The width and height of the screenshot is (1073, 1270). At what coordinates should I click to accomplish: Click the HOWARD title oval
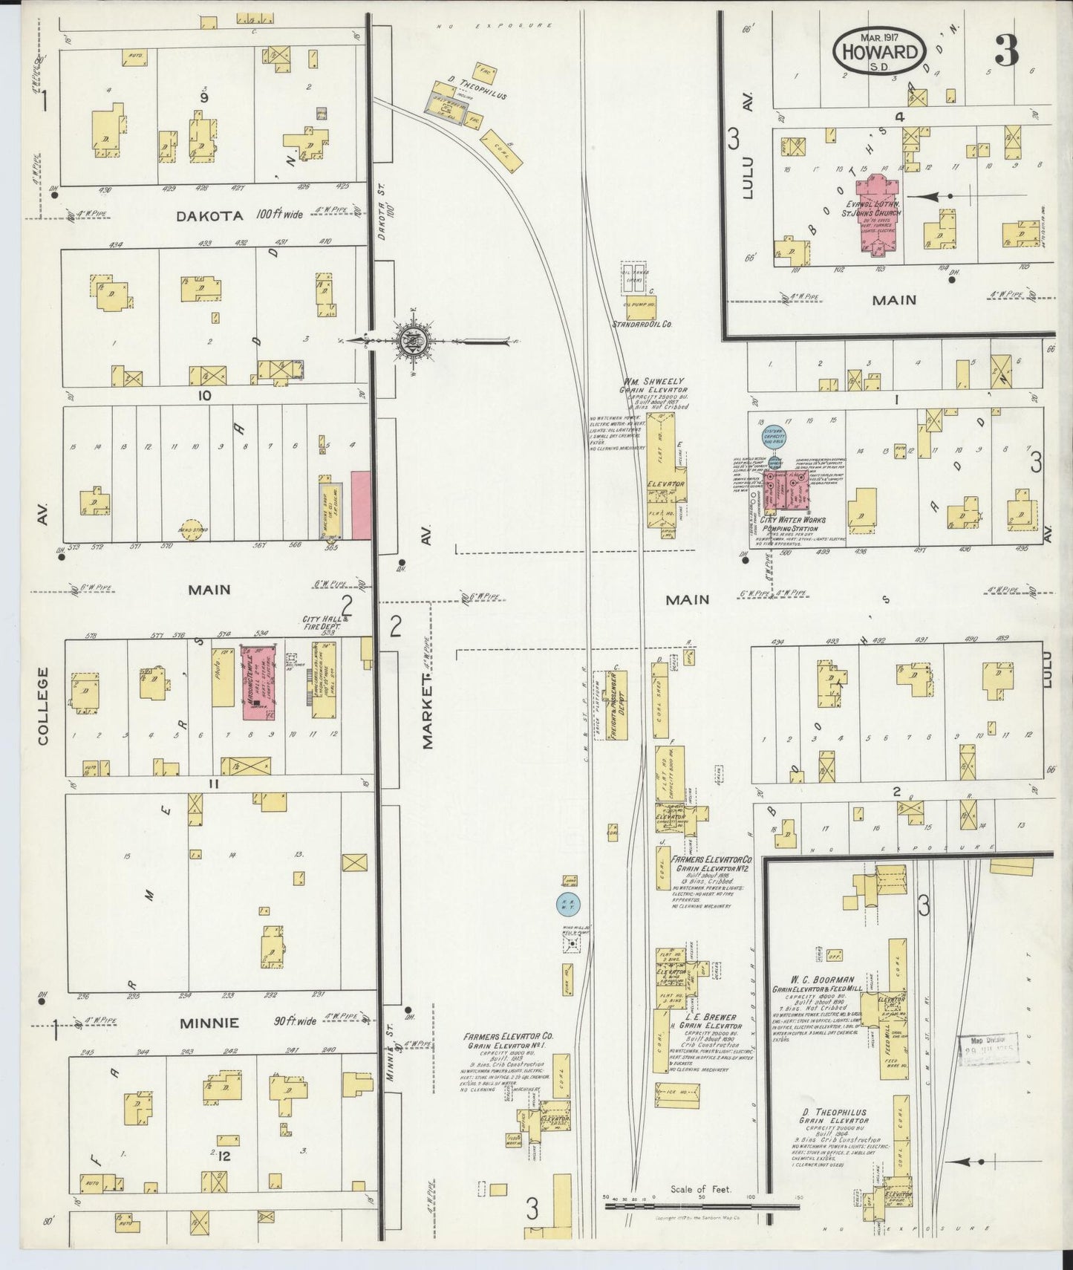coord(880,52)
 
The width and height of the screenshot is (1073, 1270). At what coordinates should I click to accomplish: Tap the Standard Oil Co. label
coord(642,324)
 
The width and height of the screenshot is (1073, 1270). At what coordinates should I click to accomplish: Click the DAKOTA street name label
coord(209,215)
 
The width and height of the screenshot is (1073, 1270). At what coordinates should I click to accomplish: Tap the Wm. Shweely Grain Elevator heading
coord(654,385)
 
